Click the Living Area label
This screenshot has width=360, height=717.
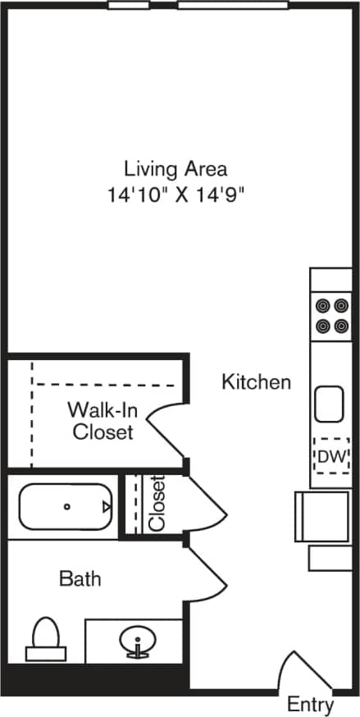point(175,169)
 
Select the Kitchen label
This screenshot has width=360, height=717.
point(256,381)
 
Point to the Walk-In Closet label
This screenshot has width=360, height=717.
point(103,420)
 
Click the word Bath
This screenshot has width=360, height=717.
point(80,578)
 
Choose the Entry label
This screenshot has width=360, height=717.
point(311,704)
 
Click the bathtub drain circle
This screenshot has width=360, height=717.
point(66,506)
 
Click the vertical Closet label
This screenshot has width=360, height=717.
point(157,504)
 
